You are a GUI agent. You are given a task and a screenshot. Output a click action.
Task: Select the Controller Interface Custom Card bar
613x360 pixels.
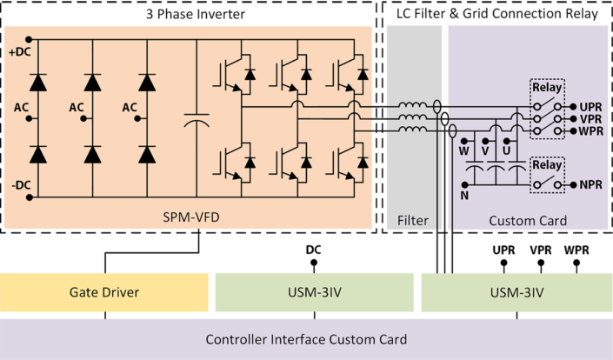click(x=306, y=339)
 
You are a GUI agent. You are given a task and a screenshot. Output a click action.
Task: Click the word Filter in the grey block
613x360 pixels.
click(x=413, y=221)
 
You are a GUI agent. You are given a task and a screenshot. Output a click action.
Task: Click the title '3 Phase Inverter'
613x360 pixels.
click(x=191, y=15)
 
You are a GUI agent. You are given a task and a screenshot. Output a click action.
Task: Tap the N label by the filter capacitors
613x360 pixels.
click(x=464, y=197)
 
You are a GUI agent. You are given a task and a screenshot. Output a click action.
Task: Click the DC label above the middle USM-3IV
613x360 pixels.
click(x=314, y=250)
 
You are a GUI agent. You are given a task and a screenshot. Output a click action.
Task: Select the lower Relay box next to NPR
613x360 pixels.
click(x=548, y=174)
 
